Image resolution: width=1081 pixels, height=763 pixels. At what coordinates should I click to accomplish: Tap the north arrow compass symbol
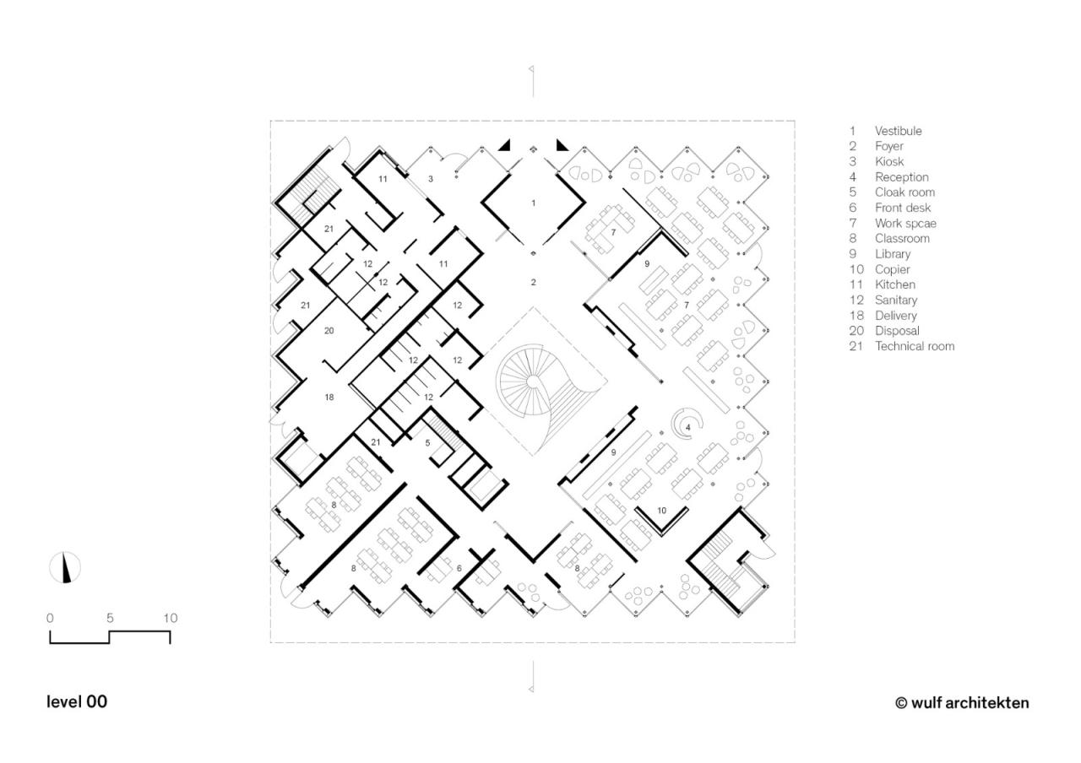coord(65,567)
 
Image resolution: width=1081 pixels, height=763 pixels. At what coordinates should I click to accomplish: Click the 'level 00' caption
coord(77,701)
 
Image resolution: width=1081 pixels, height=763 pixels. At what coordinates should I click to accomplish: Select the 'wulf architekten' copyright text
coord(962,702)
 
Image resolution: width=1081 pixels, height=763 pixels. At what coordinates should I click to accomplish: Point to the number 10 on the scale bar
coord(171,618)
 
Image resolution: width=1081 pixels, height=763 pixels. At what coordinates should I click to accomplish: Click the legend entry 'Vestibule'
coord(898,131)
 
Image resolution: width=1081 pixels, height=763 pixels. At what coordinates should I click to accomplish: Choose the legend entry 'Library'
coord(892,254)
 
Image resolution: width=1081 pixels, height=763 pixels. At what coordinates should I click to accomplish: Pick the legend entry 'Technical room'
coord(914,346)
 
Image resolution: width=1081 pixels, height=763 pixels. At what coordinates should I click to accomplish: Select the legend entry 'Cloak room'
coord(904,192)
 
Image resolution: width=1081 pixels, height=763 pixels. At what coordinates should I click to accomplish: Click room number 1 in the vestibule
coord(533,203)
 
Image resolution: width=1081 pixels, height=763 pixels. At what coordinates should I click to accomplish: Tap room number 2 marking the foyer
coord(533,283)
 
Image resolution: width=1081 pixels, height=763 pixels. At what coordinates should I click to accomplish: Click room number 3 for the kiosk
coord(431,179)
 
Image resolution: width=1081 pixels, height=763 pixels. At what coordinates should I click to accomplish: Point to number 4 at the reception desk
coord(688,428)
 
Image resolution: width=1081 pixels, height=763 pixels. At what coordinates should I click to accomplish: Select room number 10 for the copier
coord(661,511)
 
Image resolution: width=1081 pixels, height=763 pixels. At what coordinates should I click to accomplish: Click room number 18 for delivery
coord(329,397)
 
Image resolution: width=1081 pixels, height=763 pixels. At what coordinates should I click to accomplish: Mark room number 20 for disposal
coord(329,331)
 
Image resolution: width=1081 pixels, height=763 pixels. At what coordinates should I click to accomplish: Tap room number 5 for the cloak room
coord(427,443)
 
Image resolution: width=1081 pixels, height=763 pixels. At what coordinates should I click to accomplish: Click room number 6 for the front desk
coord(459,569)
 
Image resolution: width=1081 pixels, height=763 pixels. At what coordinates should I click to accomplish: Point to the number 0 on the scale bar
coord(50,618)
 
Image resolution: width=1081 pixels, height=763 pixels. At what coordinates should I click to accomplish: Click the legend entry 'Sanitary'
coord(895,300)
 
